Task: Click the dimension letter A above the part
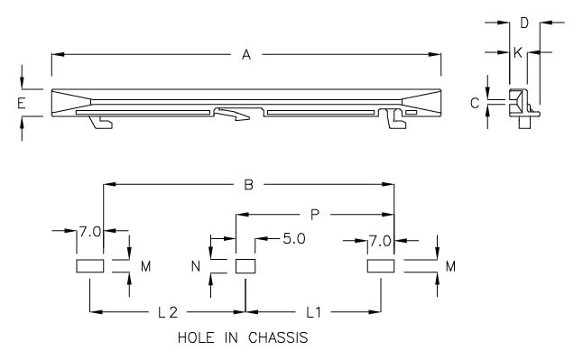tap(245, 55)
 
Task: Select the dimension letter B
tap(249, 185)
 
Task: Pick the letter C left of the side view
tap(474, 103)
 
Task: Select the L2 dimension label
tap(166, 312)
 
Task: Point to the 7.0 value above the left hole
tap(88, 232)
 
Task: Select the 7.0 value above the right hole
tap(380, 240)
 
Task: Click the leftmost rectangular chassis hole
tap(89, 266)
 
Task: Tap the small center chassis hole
tap(245, 266)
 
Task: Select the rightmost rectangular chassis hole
tap(380, 266)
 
